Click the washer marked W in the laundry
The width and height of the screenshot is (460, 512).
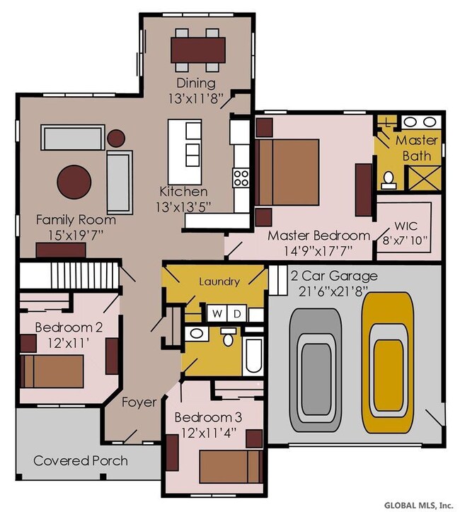coord(217,314)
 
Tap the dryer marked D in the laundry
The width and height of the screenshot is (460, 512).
coord(237,314)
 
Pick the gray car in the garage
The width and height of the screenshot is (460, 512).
coord(316,370)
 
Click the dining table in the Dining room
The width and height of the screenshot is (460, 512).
coord(198,50)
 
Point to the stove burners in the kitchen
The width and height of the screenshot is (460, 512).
coord(241,178)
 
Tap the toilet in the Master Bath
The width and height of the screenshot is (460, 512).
coord(389,180)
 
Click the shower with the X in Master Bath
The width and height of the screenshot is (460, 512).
coord(423,178)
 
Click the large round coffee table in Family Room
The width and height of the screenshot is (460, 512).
coord(74,182)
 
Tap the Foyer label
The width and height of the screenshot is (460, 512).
coord(139,402)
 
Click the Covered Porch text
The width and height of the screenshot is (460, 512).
coord(81,461)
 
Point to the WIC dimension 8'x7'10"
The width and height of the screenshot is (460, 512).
coord(405,240)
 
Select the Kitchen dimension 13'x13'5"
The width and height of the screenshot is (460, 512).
coord(183,206)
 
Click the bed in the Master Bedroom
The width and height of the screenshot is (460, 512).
coord(287,173)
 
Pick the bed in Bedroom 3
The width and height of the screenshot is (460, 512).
coord(231,467)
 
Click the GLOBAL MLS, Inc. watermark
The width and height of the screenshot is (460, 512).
coord(418,505)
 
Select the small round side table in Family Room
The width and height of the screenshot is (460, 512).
coord(116,138)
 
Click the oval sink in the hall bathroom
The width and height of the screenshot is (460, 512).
coord(196,334)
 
